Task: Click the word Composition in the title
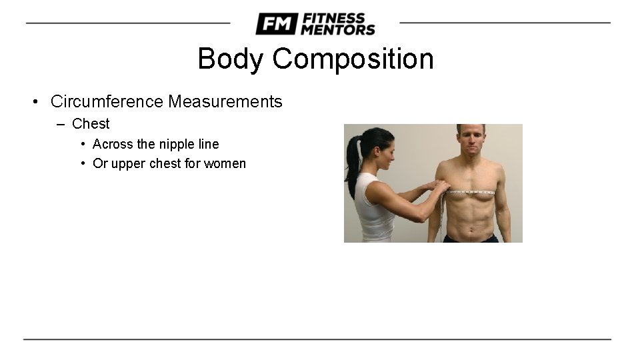[353, 59]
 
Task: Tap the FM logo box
[276, 24]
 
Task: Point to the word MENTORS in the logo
[338, 29]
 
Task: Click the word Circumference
[107, 102]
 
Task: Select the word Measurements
[225, 102]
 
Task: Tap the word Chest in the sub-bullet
[91, 123]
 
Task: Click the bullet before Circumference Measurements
[34, 102]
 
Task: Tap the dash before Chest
[61, 124]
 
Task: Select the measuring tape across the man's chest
[470, 193]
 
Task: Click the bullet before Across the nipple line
[82, 144]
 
